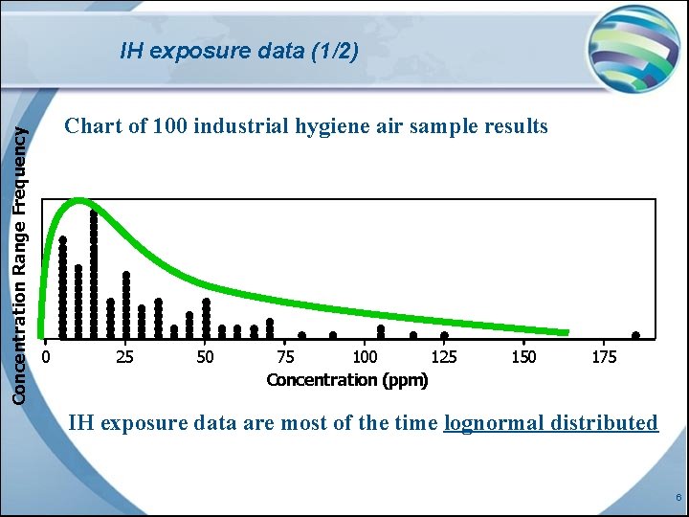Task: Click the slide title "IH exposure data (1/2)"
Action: tap(239, 51)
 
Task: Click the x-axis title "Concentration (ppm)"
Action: tap(347, 380)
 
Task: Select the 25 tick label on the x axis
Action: tap(124, 357)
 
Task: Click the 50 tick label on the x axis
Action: tap(205, 357)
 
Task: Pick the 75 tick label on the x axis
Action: tap(285, 357)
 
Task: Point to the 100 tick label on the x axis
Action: tap(365, 357)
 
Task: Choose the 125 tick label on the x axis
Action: tap(444, 357)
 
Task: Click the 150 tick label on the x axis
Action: tap(523, 357)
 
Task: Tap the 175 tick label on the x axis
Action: tap(604, 357)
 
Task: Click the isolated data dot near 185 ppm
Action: tap(635, 336)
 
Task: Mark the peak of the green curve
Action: tap(80, 201)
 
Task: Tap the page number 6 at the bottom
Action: tap(678, 498)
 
